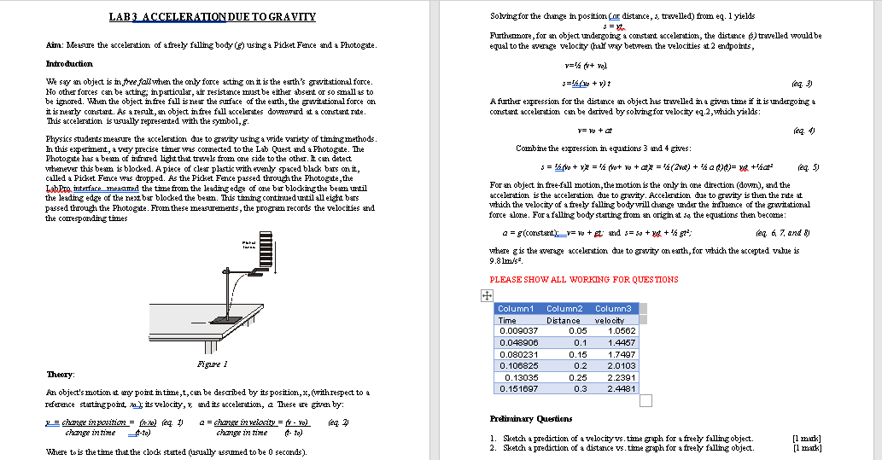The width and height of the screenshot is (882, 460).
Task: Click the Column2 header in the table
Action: [x=564, y=308]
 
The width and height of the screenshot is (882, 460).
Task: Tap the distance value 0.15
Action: [x=578, y=354]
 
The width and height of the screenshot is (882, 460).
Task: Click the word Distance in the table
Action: [x=564, y=320]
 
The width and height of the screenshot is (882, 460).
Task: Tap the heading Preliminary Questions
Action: [x=531, y=418]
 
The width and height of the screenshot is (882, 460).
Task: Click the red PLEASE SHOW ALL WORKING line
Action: [x=584, y=279]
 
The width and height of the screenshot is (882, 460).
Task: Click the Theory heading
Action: [x=59, y=375]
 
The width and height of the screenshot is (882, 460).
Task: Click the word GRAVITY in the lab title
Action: [x=291, y=17]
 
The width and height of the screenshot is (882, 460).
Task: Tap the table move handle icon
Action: [x=486, y=294]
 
